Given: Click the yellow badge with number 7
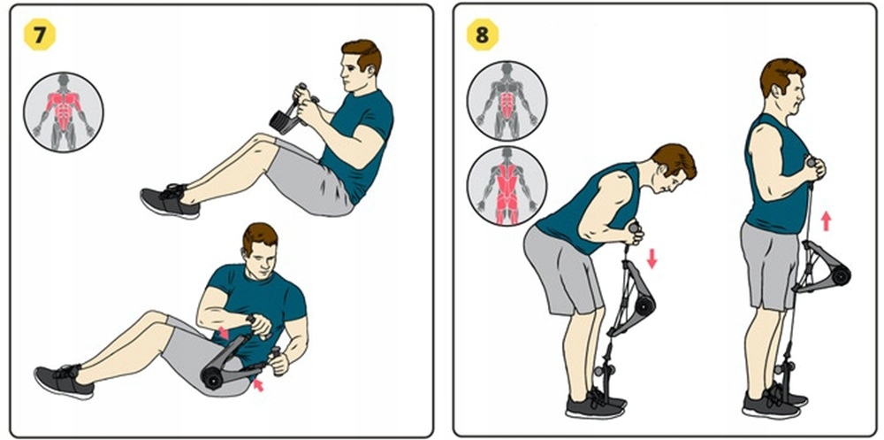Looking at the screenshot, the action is click(40, 35).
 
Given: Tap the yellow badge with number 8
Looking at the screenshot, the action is click(482, 35).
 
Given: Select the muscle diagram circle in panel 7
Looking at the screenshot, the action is click(63, 112).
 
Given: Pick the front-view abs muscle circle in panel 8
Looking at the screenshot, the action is click(507, 101).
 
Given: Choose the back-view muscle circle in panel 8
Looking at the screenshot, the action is click(507, 186).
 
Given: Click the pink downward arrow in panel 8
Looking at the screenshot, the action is click(652, 259).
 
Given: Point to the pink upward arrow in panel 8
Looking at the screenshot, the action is click(826, 220).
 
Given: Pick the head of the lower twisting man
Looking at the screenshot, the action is click(260, 251).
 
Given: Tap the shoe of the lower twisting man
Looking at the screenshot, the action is click(63, 382).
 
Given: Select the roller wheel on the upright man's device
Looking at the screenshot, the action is click(842, 274).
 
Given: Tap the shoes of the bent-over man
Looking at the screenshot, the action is click(595, 404).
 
